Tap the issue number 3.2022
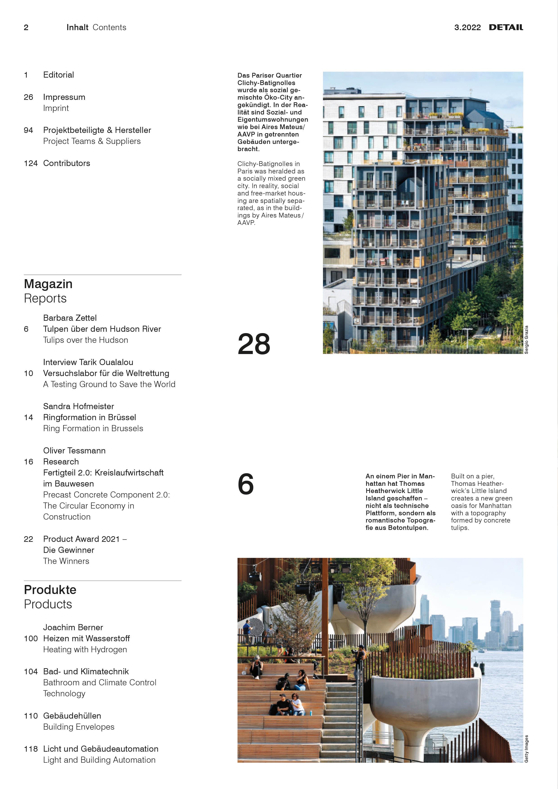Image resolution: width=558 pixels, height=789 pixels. click(x=467, y=27)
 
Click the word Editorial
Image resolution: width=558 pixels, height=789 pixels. click(x=58, y=75)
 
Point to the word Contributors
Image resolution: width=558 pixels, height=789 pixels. click(x=67, y=163)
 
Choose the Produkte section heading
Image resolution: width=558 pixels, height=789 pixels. click(x=50, y=590)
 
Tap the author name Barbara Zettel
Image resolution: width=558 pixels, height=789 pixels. click(x=70, y=318)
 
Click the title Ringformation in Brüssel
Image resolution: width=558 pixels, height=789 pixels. click(x=89, y=417)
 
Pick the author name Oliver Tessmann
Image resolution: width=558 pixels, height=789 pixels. click(x=74, y=451)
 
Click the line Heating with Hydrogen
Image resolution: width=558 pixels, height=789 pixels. click(x=85, y=650)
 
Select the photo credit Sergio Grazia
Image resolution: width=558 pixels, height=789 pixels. click(x=526, y=340)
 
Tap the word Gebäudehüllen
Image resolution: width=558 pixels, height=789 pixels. click(x=72, y=716)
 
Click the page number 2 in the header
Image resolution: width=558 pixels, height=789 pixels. click(x=26, y=27)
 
